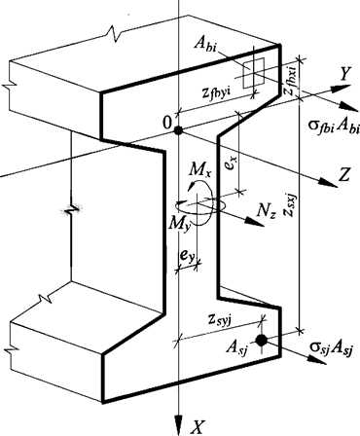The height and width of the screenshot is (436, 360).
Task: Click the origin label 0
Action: click(x=166, y=125)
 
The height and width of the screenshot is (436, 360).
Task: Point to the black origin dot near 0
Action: click(x=180, y=130)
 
